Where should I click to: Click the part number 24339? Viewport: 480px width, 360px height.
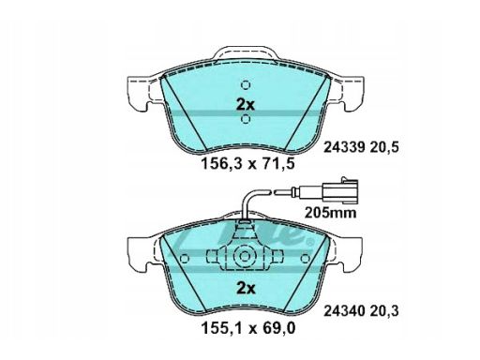pos(344,147)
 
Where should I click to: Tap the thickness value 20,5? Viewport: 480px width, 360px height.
pos(384,147)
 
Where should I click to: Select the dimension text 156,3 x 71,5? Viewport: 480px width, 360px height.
pos(248,163)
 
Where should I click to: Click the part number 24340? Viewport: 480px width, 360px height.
pos(344,311)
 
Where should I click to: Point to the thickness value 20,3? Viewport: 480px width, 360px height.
pos(384,311)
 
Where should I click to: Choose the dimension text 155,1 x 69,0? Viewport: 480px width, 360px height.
pos(248,328)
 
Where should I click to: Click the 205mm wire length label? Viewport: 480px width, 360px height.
pos(330,213)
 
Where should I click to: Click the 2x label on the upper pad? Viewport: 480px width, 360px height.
pos(246,105)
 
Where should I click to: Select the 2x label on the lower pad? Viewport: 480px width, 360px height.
pos(246,289)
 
